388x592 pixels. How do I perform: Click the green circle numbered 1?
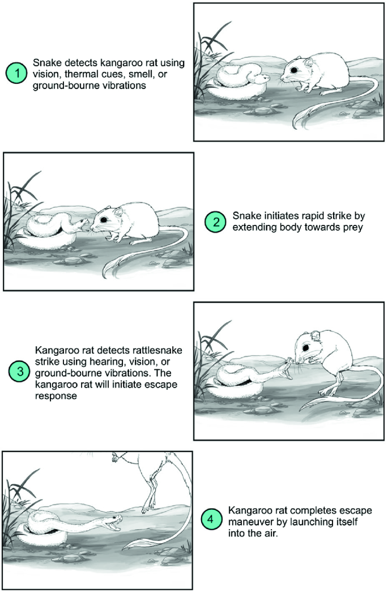coord(16,73)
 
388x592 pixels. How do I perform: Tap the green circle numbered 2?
coord(215,222)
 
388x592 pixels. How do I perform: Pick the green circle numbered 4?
coord(211,519)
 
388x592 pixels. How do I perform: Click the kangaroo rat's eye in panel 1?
coord(292,70)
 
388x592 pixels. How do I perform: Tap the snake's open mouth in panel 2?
coord(83,226)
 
